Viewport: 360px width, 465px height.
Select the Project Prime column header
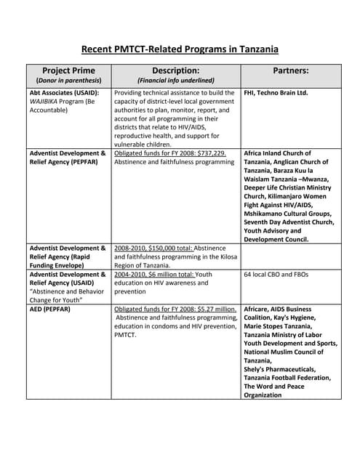[68, 70]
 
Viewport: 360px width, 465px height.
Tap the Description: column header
[175, 70]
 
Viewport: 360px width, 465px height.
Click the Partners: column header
[289, 70]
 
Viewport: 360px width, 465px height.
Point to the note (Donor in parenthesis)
[68, 80]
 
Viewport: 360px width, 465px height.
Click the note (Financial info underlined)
[175, 80]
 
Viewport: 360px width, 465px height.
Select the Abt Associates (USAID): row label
[64, 94]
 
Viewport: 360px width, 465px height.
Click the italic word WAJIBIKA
[47, 103]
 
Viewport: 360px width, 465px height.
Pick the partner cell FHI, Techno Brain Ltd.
[276, 94]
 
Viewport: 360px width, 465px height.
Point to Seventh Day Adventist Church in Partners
[289, 222]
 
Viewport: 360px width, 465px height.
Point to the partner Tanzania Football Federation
[287, 378]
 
